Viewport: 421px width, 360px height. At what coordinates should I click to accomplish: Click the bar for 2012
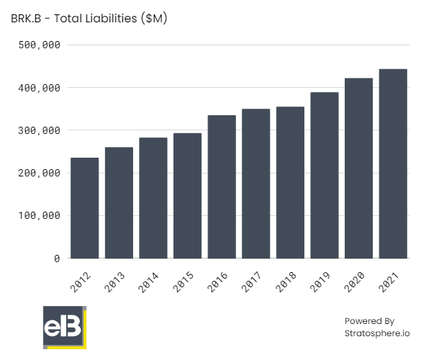pos(84,208)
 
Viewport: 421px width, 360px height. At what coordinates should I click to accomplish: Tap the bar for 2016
pos(222,186)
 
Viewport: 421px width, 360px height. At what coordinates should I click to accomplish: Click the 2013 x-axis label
pos(115,282)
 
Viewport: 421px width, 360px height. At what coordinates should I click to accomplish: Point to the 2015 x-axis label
pos(184,282)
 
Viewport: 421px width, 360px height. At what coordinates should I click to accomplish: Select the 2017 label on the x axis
pos(252,282)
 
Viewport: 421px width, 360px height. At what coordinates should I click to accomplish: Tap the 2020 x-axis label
pos(355,282)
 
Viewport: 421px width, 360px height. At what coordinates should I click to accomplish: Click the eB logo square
pos(63,328)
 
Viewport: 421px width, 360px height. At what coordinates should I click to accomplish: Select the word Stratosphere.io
pos(376,333)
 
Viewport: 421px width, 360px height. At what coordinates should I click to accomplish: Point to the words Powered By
pos(369,321)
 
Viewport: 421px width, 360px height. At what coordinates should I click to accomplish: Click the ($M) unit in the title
pos(154,19)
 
